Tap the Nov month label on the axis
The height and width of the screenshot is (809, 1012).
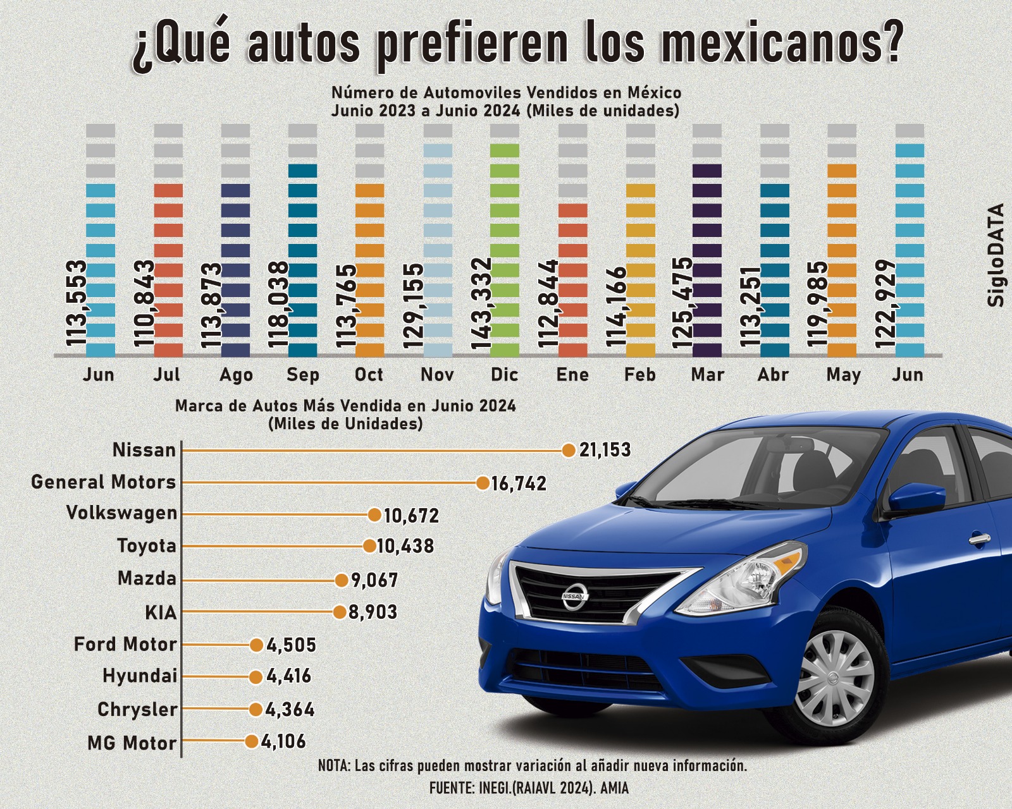coord(437,375)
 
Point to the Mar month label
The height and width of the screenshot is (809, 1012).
coord(707,375)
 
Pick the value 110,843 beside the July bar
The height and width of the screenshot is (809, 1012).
coord(145,303)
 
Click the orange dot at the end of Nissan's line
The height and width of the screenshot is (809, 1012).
coord(568,450)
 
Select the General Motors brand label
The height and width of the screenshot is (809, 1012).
coord(104,482)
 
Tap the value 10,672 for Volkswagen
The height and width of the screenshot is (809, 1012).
coord(411,516)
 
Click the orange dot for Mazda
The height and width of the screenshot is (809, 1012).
coord(342,580)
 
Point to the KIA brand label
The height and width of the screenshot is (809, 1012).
coord(161,612)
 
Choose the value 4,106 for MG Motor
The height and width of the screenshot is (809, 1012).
coord(283,741)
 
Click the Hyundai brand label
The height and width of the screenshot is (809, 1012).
coord(140,676)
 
